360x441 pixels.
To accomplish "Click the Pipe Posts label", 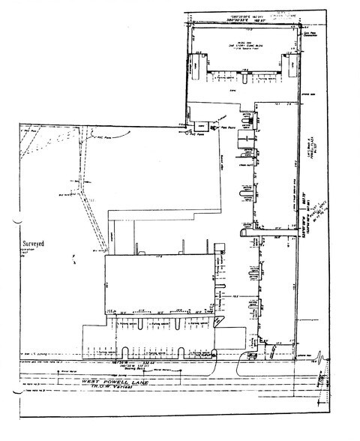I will click(228, 128).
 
